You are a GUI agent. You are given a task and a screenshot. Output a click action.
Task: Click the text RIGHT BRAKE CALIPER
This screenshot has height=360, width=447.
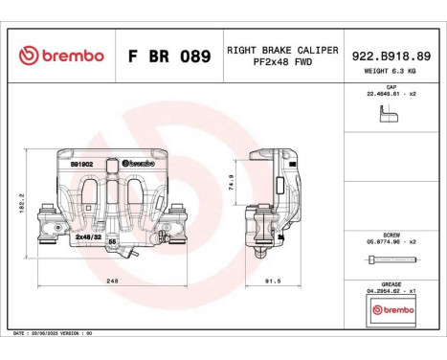(x=281, y=48)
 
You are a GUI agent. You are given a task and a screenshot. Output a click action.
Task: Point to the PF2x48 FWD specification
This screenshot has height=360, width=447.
(x=281, y=63)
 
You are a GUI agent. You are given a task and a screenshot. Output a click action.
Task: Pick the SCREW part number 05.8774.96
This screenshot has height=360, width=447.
(x=388, y=241)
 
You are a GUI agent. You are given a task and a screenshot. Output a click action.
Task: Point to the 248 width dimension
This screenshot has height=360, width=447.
(x=112, y=281)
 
